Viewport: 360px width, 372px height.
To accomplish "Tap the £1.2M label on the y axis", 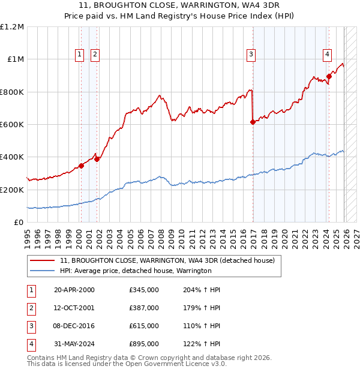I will [x=12, y=27].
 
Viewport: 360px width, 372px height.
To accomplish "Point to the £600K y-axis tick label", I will [x=12, y=125].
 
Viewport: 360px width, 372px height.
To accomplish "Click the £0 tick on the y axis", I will [x=18, y=222].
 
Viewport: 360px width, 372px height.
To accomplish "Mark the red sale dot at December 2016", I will [x=253, y=122].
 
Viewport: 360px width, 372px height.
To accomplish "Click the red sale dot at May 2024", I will [x=329, y=76].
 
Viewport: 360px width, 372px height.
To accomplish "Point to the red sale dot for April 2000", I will [x=81, y=166].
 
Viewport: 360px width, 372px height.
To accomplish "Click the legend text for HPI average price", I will [x=136, y=271].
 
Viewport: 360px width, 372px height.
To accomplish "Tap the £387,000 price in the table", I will [x=144, y=308].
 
